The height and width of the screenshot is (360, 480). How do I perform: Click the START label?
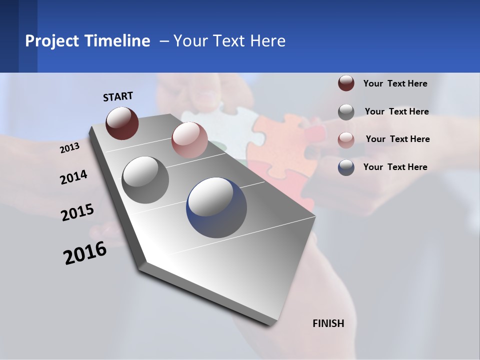point(118,96)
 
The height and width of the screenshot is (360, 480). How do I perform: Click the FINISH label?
point(328,323)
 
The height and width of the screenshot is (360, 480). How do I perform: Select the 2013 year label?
point(70,148)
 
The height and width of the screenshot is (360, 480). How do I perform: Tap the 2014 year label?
point(74,177)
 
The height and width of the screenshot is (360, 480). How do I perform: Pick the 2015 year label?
point(77,212)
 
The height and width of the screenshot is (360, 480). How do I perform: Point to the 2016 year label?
point(85,253)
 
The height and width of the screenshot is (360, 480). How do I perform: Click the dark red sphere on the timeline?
point(122,123)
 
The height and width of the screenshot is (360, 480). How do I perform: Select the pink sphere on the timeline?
point(189,140)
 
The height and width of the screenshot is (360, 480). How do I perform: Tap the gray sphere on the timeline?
point(145,179)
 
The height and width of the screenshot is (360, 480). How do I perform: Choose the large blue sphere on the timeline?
point(216,208)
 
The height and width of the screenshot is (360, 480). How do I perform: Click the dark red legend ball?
point(346,83)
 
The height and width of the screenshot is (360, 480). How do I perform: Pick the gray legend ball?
point(346,111)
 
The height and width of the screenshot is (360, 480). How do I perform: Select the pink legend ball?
point(346,139)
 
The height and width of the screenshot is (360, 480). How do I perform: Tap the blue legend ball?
point(346,167)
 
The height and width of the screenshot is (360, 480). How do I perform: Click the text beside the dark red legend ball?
point(395,83)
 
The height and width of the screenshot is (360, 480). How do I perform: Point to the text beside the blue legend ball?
point(395,167)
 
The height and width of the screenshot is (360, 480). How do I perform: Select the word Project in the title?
point(52,41)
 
